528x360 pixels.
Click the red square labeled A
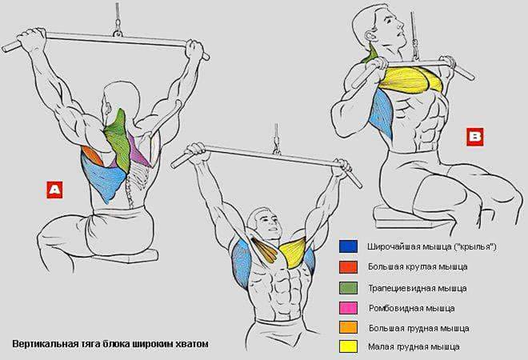[x=54, y=190]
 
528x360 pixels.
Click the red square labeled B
[x=475, y=137]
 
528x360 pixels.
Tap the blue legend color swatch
[x=348, y=246]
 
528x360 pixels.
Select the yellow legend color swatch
[x=348, y=346]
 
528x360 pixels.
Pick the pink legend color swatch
[x=348, y=308]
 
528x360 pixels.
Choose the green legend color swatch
[x=348, y=288]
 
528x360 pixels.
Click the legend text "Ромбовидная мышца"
[x=411, y=308]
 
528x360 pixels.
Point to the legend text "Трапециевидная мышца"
[x=418, y=289]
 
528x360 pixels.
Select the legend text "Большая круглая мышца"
[x=418, y=267]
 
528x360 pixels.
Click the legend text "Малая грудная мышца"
[x=414, y=346]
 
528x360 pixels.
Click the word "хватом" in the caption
[x=190, y=344]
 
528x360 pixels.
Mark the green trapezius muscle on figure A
[x=118, y=142]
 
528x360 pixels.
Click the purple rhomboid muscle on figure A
[x=138, y=151]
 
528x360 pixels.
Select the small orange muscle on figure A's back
[x=93, y=155]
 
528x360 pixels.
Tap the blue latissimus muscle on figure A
[x=102, y=178]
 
